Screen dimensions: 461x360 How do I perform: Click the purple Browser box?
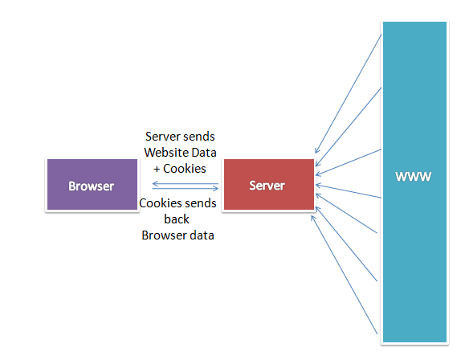click(92, 184)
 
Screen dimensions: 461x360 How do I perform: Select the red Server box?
click(269, 184)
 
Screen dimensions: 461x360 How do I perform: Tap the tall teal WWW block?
click(414, 182)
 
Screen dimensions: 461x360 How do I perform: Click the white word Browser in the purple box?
click(91, 186)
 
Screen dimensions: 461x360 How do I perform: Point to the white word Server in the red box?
click(267, 186)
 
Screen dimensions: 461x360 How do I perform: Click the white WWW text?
click(413, 177)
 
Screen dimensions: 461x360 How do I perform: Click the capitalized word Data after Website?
click(204, 153)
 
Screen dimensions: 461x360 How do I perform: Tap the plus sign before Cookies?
click(157, 169)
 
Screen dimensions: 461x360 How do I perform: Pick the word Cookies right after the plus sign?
click(185, 169)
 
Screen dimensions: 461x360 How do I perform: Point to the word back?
click(177, 219)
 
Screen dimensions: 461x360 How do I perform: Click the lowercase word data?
click(202, 235)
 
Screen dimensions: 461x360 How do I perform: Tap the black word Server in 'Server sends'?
click(162, 137)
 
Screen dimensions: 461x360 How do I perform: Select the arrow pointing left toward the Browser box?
click(186, 184)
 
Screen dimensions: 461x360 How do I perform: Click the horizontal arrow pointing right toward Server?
click(186, 188)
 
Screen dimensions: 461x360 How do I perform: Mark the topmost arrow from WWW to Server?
click(349, 94)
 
